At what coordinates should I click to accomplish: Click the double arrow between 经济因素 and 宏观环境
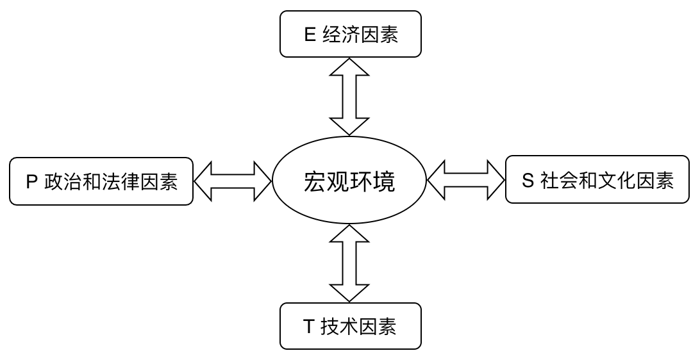pyautogui.click(x=349, y=96)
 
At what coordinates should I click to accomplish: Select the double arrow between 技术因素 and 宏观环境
pyautogui.click(x=349, y=263)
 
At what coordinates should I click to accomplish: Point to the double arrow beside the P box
pyautogui.click(x=233, y=181)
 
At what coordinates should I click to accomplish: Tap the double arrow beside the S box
pyautogui.click(x=466, y=180)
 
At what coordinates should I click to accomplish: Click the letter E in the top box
pyautogui.click(x=310, y=35)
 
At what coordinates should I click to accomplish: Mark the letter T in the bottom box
pyautogui.click(x=308, y=327)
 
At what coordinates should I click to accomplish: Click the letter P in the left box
pyautogui.click(x=31, y=182)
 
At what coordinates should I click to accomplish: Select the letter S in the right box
pyautogui.click(x=528, y=181)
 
